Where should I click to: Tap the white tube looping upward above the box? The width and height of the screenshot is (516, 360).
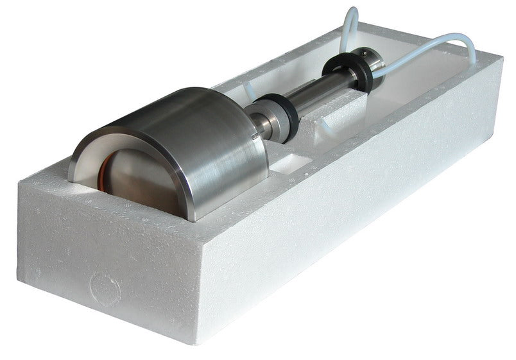(x=350, y=26)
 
